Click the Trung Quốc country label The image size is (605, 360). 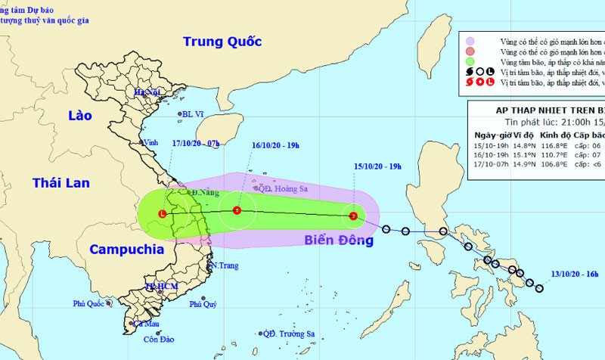(222, 42)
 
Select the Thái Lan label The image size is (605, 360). (60, 182)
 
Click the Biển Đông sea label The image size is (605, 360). (339, 241)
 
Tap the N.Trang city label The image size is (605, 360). (225, 265)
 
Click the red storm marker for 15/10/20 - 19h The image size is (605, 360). (353, 216)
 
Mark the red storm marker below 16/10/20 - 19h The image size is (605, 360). (237, 211)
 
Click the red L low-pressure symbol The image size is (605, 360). (163, 214)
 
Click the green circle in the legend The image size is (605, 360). (470, 61)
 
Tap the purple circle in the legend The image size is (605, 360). (470, 40)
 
